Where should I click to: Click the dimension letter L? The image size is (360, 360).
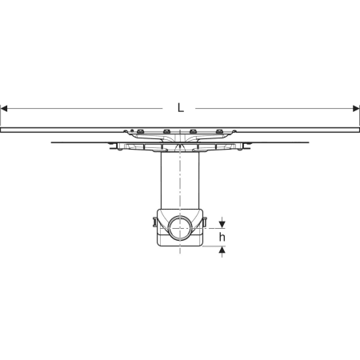tap(181, 108)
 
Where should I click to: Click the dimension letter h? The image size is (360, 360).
tap(222, 237)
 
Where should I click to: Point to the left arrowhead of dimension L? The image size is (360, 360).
tap(4, 109)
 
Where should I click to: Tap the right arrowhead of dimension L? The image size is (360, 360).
tap(356, 109)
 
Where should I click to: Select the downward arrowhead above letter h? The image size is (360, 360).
tap(222, 225)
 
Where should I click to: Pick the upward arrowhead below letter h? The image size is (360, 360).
tap(222, 250)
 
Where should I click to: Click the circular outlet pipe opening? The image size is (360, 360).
tap(180, 229)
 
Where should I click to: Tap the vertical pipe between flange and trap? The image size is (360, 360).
tap(180, 181)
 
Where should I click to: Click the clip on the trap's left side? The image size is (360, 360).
tap(154, 222)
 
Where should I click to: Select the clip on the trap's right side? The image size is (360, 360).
tap(205, 222)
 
